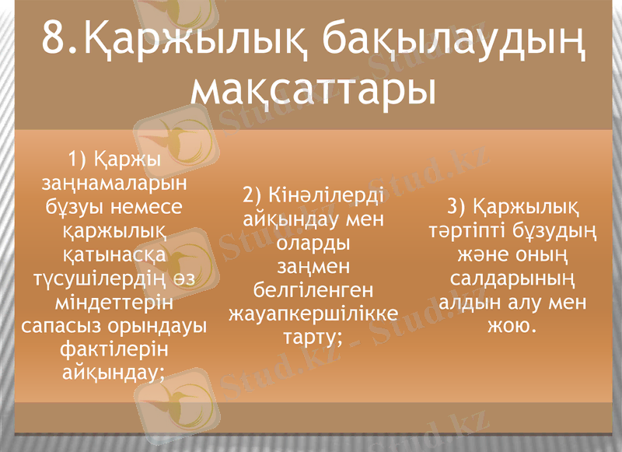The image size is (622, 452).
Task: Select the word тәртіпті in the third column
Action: tap(467, 231)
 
